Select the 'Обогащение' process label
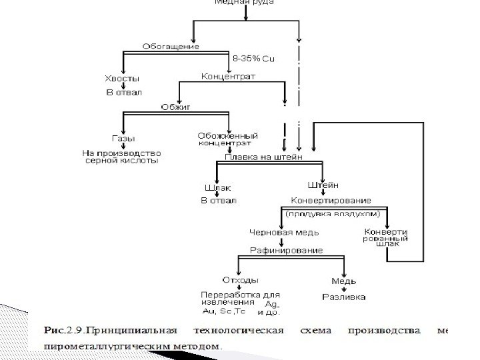(x=171, y=47)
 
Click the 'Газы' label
(x=123, y=139)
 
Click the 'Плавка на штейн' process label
(x=263, y=157)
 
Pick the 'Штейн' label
(x=323, y=185)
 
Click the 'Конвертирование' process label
(x=331, y=200)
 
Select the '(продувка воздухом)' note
(x=333, y=215)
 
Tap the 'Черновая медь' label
(x=284, y=233)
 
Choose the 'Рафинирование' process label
(x=285, y=250)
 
